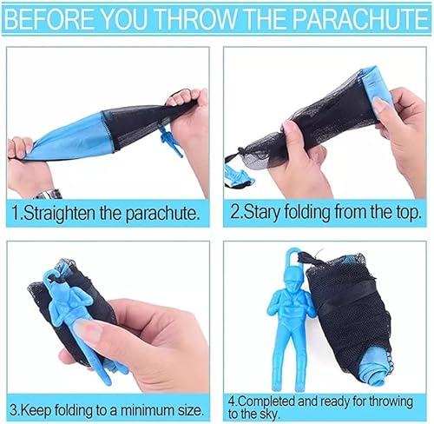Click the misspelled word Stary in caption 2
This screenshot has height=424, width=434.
click(x=266, y=212)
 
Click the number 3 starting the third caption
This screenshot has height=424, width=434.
click(x=14, y=405)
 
